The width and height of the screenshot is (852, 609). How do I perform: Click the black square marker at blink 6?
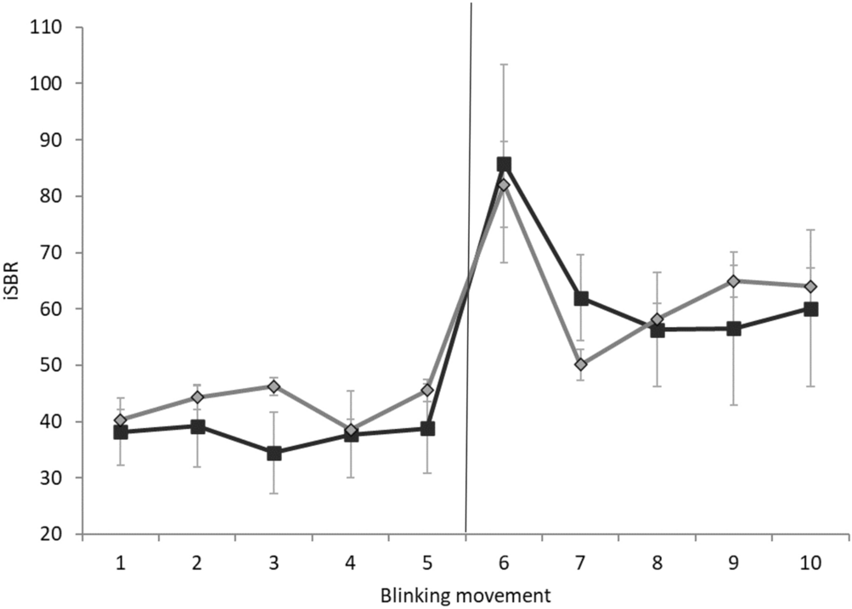(x=504, y=164)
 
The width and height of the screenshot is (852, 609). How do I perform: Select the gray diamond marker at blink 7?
(x=580, y=364)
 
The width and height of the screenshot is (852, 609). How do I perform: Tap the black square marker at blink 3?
(x=274, y=453)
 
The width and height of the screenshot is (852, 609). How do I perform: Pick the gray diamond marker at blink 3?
(x=274, y=386)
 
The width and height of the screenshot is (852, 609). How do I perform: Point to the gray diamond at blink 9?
(x=733, y=280)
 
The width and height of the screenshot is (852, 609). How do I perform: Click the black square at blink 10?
(x=810, y=309)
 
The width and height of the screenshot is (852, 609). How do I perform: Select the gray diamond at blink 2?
(x=197, y=397)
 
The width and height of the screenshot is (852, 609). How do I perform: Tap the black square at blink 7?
(x=581, y=298)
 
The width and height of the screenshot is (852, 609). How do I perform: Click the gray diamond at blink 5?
(x=427, y=391)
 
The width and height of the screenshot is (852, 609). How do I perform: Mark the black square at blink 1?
(x=121, y=431)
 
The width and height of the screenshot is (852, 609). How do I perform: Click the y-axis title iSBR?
(x=14, y=280)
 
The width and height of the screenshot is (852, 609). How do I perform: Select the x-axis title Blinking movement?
(x=465, y=593)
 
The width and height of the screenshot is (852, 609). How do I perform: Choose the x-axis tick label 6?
(x=504, y=561)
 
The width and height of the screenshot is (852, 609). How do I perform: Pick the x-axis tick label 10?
(x=810, y=561)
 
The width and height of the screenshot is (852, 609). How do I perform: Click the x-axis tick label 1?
(x=121, y=561)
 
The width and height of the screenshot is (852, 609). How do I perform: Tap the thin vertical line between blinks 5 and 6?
(x=468, y=255)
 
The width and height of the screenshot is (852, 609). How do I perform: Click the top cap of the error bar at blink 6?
(x=504, y=65)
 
